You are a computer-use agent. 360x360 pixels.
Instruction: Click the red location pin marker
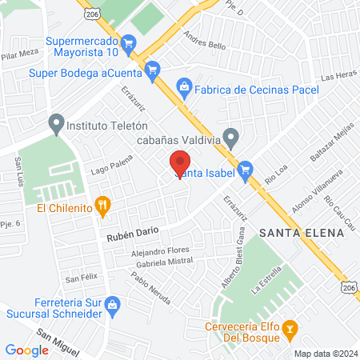coord(180,162)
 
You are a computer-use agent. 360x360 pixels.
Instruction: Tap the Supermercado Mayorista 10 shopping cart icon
coord(128,42)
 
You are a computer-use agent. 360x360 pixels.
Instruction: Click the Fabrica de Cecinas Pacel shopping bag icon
coord(184,85)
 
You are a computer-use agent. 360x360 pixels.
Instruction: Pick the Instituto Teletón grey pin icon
coord(55,124)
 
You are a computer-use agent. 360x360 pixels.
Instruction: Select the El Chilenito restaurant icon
coord(102,206)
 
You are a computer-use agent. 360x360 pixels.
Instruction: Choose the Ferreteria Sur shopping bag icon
coord(113,304)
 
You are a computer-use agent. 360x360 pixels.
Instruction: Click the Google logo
coord(26,350)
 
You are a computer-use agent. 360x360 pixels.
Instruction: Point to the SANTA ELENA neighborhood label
coord(302,232)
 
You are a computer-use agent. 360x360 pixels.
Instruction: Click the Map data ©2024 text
coord(325,353)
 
